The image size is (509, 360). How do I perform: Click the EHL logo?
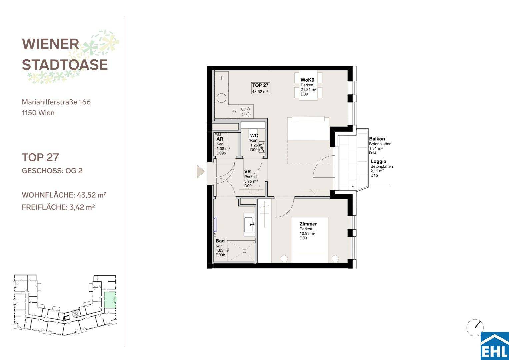click(495, 346)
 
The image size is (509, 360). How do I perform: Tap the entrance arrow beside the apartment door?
click(201, 172)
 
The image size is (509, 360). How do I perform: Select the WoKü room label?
click(307, 80)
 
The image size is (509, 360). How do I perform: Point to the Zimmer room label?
click(308, 224)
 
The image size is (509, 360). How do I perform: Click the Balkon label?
click(377, 139)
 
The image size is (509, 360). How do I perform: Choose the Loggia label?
click(378, 161)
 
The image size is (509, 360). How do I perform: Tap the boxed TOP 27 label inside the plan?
click(260, 88)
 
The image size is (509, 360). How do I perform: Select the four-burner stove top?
click(246, 112)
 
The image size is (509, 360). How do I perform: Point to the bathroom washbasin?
click(249, 225)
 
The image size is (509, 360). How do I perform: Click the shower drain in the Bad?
click(245, 251)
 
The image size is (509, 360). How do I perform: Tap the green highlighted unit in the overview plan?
click(110, 300)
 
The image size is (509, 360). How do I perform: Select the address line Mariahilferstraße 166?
click(56, 102)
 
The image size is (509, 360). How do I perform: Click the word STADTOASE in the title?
click(65, 65)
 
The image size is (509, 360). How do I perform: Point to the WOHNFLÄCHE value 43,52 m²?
click(92, 195)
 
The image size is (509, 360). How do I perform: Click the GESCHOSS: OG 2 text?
click(52, 171)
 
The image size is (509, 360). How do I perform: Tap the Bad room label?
click(220, 241)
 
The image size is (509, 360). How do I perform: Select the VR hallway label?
click(247, 172)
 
